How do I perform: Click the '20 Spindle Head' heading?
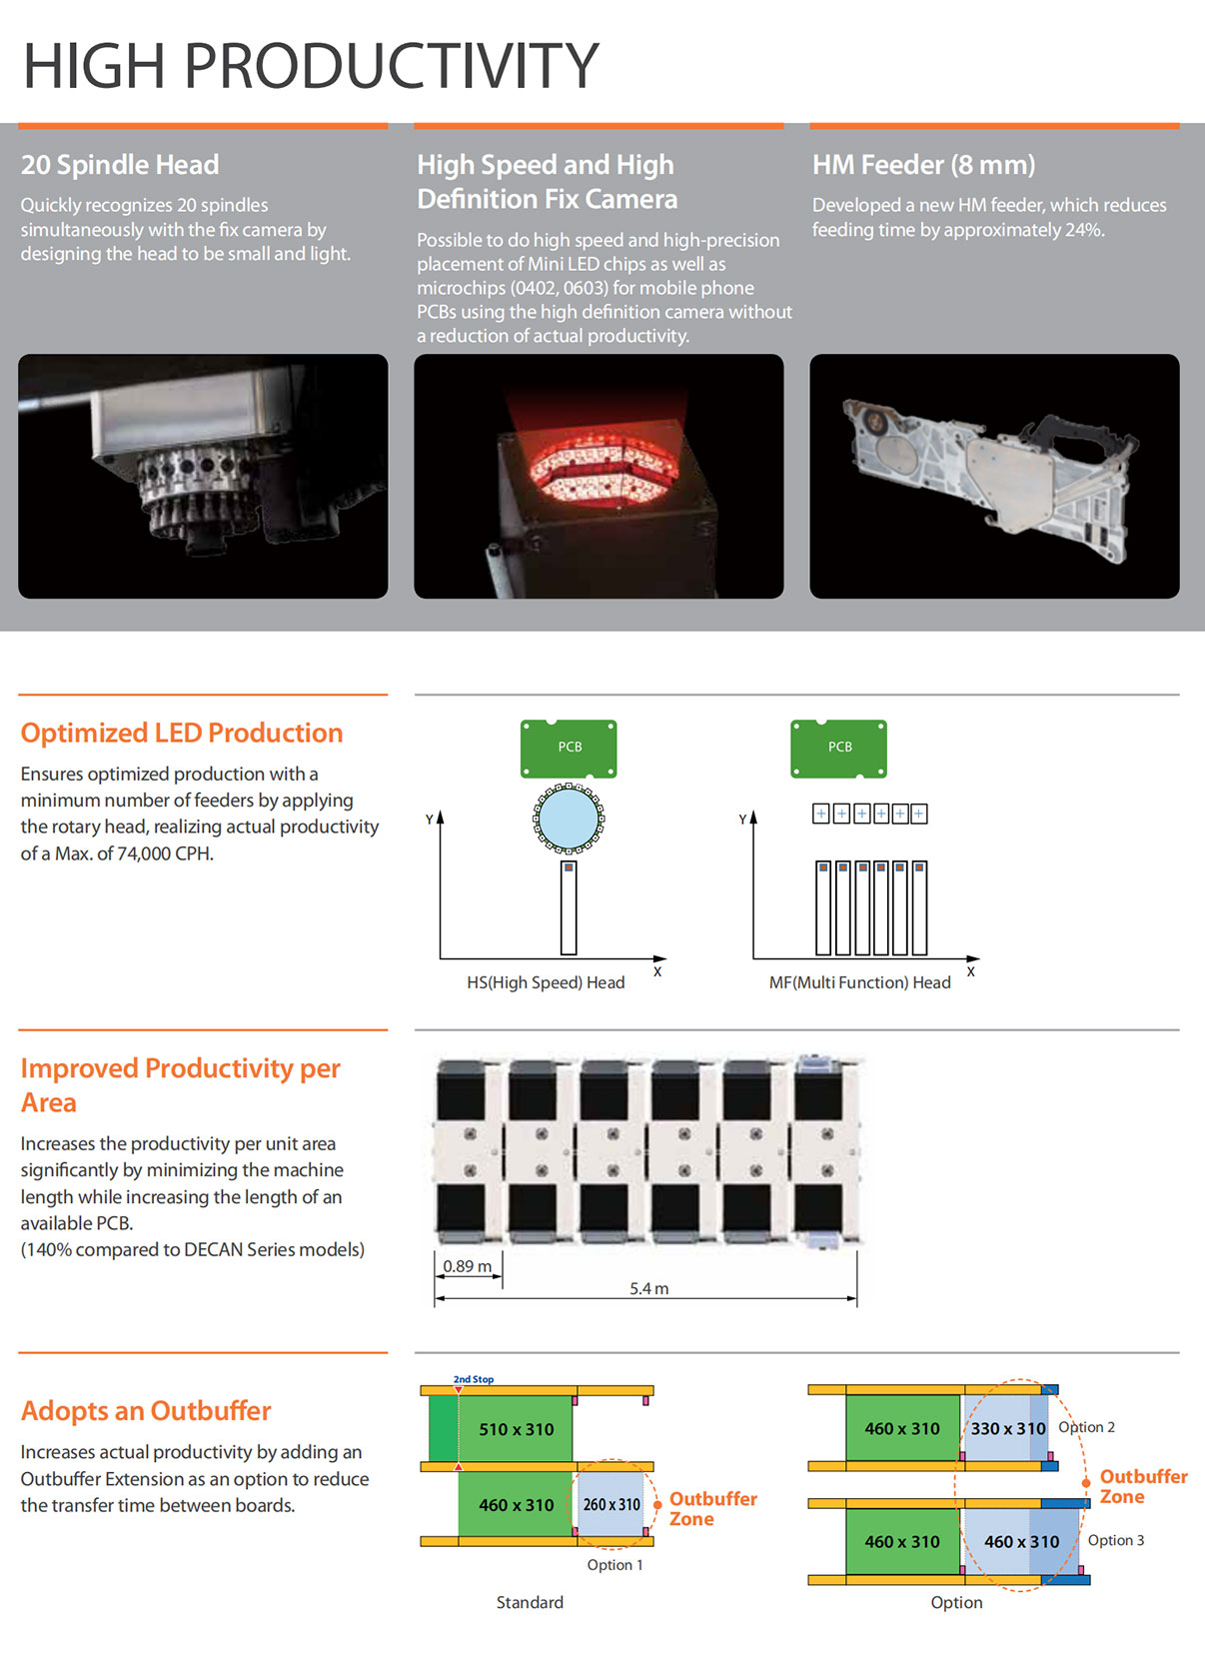tap(120, 165)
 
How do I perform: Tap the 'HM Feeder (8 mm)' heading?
tap(923, 165)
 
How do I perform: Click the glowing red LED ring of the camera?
tap(604, 471)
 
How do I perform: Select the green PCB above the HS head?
tap(569, 749)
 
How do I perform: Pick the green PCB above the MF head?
tap(839, 749)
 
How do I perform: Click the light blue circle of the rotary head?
tap(569, 819)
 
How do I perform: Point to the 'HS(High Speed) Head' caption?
tap(546, 982)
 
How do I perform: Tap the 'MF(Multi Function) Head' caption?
tap(859, 982)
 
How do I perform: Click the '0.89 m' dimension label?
tap(467, 1266)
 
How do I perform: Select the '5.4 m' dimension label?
tap(649, 1288)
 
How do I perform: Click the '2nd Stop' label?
tap(474, 1379)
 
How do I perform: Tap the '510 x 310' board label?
tap(516, 1429)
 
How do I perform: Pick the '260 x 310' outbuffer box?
tap(610, 1504)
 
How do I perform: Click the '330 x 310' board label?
tap(1008, 1428)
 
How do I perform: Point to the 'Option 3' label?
tap(1115, 1540)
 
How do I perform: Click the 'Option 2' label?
tap(1086, 1426)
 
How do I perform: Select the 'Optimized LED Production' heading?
tap(182, 733)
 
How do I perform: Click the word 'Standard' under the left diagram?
tap(530, 1602)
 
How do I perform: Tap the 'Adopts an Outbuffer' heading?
tap(146, 1411)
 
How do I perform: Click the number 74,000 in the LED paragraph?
tap(144, 853)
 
